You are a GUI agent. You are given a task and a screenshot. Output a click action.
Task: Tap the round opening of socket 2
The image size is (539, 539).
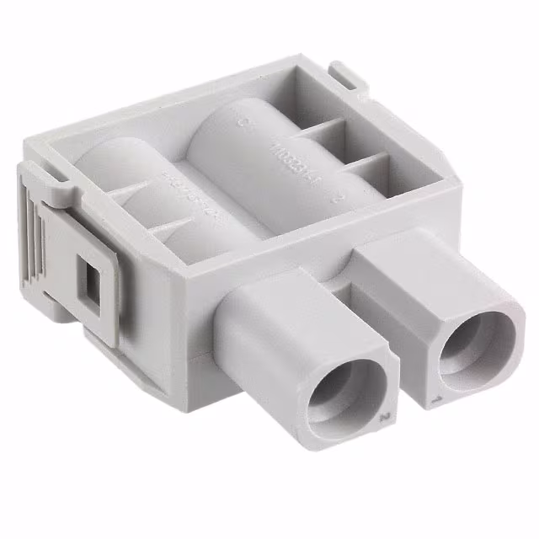pos(347,388)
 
